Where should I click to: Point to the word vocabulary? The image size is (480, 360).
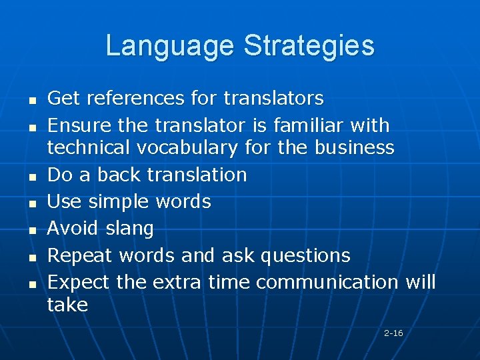coord(195,147)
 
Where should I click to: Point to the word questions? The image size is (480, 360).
coord(305,255)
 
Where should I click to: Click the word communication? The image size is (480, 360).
coord(327,282)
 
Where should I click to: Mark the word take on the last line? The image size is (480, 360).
coord(67,305)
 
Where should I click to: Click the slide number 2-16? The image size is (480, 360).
coord(393,333)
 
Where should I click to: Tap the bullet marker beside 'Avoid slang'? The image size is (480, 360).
coord(31,230)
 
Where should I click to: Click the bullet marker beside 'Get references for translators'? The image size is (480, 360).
coord(31,100)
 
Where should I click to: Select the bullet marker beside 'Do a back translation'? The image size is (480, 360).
coord(31,176)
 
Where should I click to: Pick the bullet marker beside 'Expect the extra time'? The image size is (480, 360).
coord(31,284)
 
